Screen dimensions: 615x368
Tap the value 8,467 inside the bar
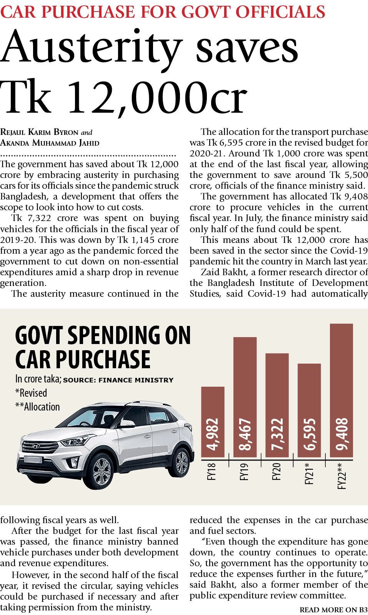[x=245, y=434]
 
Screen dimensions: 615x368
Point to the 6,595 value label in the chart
[x=309, y=434]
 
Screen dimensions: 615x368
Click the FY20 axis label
[x=276, y=472]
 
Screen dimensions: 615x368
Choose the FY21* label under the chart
[x=309, y=473]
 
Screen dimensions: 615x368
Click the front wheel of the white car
[x=102, y=470]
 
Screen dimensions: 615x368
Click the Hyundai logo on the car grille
[x=35, y=446]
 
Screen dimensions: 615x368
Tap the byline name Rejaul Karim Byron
[x=39, y=132]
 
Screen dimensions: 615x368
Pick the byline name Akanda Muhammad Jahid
[x=50, y=143]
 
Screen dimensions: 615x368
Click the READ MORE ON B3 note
[x=333, y=610]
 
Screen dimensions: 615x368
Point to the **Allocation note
[x=37, y=407]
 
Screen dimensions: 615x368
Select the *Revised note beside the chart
[x=31, y=393]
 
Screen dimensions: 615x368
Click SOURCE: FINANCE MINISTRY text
[x=118, y=380]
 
